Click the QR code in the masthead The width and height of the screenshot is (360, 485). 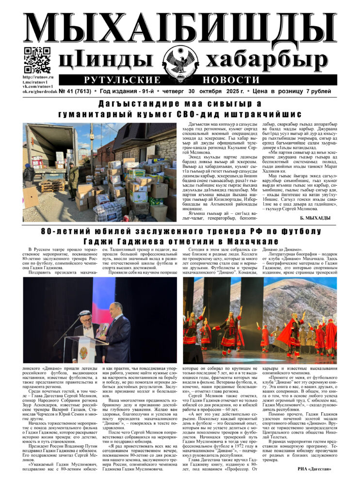(37, 60)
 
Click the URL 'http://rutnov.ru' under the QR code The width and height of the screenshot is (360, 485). (37, 77)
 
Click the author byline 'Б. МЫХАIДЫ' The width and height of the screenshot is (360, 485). (318, 218)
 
